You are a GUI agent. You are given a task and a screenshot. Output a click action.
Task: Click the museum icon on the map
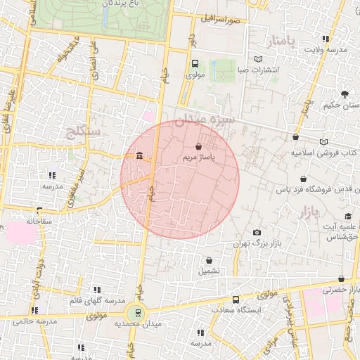point(140,155)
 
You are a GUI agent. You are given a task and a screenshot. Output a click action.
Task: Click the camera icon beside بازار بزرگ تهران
point(257,233)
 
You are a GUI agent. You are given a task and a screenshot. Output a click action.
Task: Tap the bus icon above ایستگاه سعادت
point(236,299)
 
